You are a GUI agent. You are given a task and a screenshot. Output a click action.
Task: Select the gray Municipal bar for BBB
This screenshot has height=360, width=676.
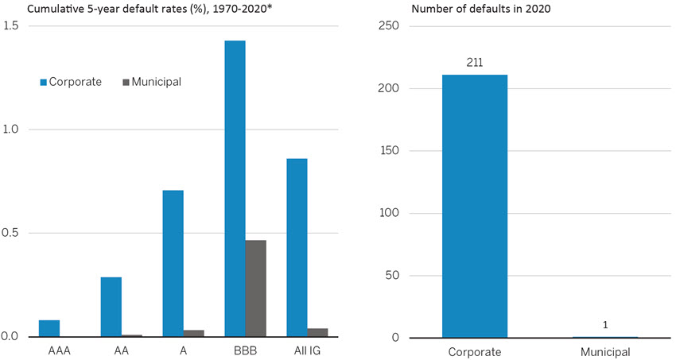click(255, 288)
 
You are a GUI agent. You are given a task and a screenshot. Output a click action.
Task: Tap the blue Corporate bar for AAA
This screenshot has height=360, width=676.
click(49, 328)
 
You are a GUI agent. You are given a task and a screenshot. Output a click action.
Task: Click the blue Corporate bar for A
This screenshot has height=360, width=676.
click(173, 263)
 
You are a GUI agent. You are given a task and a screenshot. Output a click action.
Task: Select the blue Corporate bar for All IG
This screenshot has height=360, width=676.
click(297, 247)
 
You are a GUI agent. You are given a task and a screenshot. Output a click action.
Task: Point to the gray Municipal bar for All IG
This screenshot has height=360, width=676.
click(317, 332)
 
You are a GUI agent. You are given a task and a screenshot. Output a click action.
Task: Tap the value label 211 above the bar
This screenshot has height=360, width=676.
click(475, 63)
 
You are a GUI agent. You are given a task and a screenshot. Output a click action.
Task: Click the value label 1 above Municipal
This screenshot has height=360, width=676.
click(605, 326)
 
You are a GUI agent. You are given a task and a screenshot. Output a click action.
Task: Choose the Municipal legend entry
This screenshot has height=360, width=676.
click(152, 82)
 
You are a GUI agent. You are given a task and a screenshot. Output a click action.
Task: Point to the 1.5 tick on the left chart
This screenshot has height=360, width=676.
click(11, 26)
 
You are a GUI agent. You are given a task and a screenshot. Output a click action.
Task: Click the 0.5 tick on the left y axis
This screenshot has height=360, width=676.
click(11, 234)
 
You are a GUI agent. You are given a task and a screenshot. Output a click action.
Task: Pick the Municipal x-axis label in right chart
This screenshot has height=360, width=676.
click(605, 350)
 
